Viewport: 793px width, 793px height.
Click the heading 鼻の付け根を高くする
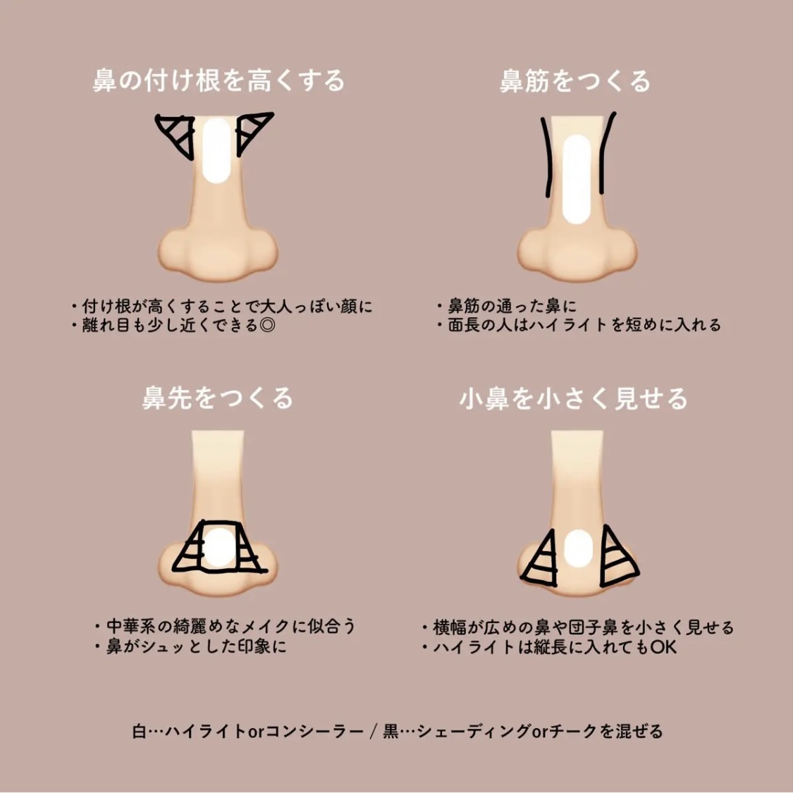[219, 81]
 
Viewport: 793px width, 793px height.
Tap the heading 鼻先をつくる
[217, 399]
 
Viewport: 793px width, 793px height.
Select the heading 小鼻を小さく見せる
[573, 399]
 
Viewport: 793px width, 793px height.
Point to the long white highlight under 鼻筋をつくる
[577, 179]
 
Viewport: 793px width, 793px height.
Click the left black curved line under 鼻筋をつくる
[546, 155]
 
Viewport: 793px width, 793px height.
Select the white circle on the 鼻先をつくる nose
[218, 547]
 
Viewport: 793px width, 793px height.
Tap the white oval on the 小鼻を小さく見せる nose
[578, 549]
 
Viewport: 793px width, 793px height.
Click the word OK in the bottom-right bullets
[663, 646]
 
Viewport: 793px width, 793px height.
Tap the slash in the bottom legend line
[371, 732]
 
